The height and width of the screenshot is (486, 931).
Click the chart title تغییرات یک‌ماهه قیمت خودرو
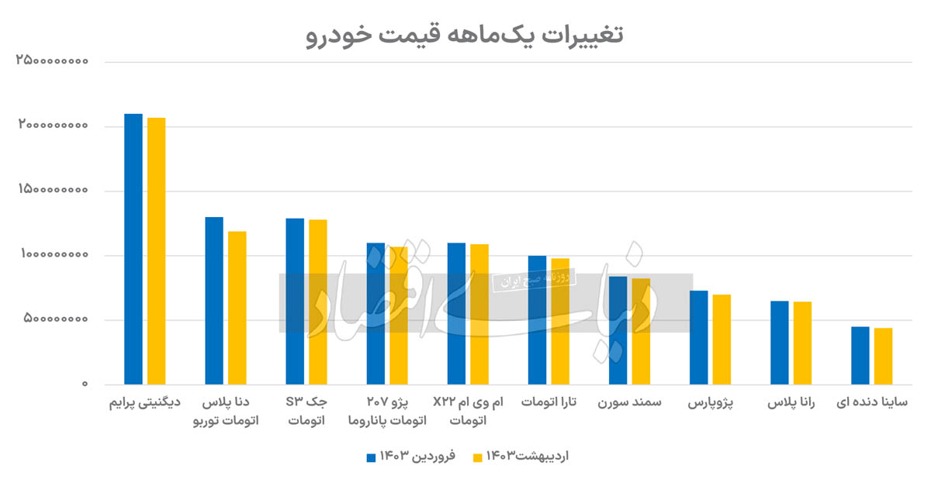coord(465,35)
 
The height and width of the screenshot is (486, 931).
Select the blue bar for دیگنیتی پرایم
coord(133,248)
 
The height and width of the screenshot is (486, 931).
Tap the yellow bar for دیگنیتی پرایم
coord(156,250)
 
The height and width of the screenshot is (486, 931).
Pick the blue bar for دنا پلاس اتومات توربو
coord(214,300)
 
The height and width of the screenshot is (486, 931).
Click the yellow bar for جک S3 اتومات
coord(318,302)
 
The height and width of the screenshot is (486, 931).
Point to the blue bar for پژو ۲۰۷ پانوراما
coord(376,313)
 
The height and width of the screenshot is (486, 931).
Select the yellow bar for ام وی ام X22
coord(479,314)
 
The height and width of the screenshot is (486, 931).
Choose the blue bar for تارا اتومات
coord(537,319)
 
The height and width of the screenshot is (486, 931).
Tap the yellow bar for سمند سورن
coord(641,331)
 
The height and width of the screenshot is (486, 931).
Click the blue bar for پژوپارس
coord(699,337)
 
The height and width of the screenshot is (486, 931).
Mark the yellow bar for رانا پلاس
coord(802,343)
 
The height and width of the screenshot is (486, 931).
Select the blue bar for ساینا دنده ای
coord(860,355)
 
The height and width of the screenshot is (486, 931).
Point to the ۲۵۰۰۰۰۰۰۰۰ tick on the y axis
coord(52,61)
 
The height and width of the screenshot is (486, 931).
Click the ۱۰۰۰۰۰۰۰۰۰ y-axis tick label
coord(52,255)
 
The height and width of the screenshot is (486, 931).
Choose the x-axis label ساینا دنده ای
coord(872,404)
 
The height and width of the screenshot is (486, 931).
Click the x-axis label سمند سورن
coord(630,404)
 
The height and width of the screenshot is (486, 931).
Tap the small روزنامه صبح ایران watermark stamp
coord(534,279)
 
